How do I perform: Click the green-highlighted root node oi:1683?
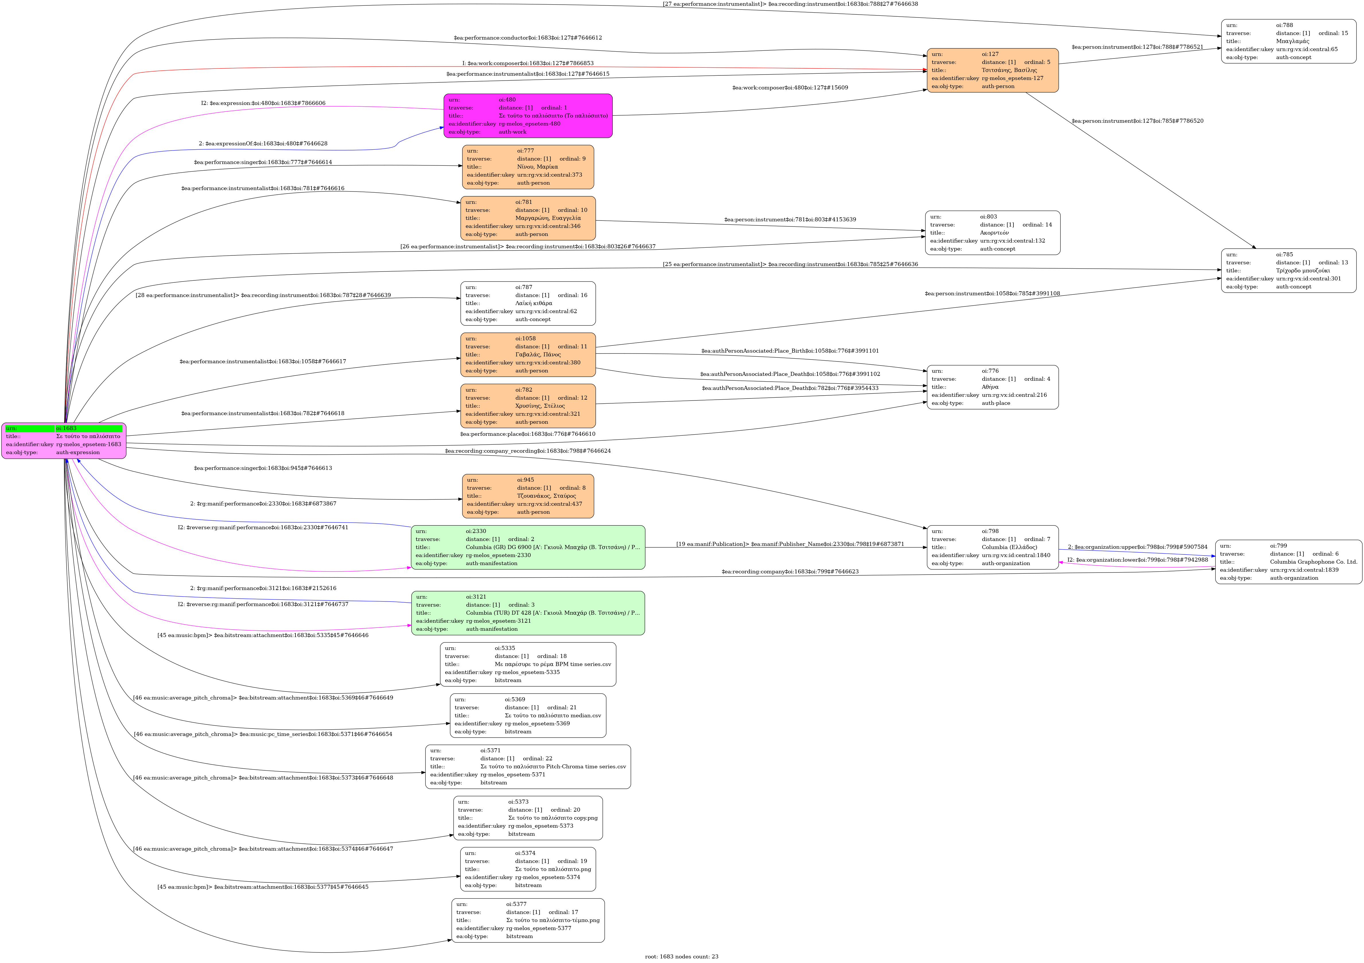(64, 441)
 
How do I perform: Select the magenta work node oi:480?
(528, 116)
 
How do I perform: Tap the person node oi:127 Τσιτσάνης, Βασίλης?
(992, 70)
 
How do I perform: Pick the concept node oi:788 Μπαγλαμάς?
(1288, 41)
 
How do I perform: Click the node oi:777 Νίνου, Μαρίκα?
(528, 167)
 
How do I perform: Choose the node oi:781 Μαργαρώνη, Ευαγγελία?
(528, 218)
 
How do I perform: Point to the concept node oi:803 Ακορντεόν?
(992, 233)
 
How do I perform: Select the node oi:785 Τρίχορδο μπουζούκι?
(1288, 271)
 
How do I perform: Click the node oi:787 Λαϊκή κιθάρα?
(528, 303)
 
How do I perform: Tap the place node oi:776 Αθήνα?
(992, 387)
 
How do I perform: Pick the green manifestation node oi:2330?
(528, 547)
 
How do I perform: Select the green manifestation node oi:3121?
(528, 613)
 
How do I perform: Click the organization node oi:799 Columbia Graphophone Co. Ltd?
(1288, 562)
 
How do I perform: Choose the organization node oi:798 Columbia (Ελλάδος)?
(992, 547)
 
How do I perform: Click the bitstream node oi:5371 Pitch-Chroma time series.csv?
(528, 767)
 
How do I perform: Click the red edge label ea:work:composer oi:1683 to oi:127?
(528, 63)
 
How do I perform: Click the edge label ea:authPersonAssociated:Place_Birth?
(789, 351)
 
